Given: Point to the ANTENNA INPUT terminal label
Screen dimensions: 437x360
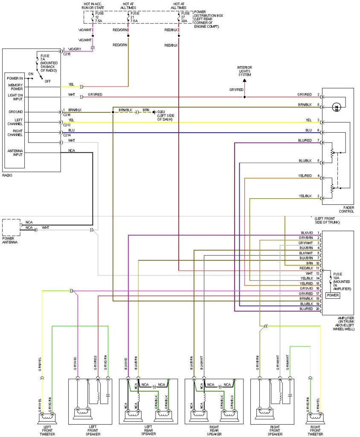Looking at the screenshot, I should [x=15, y=153].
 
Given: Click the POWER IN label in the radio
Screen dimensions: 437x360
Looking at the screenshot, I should [x=15, y=78].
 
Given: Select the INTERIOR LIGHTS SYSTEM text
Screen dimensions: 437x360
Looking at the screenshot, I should [x=244, y=71].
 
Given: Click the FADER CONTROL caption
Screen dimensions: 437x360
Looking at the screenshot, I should [x=346, y=209].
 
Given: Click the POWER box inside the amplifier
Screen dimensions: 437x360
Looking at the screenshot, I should [x=333, y=295].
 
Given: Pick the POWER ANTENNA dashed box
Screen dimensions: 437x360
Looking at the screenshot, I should [x=11, y=227].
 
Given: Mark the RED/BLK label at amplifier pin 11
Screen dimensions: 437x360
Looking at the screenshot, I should [x=307, y=268].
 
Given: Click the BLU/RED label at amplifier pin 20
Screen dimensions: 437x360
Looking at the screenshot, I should [x=306, y=309].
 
